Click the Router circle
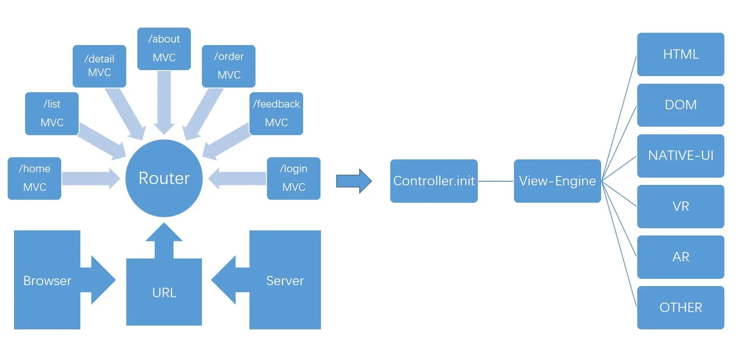tap(164, 178)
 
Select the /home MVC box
tap(34, 179)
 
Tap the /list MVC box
tap(52, 113)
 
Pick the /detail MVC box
tap(99, 66)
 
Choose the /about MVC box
tap(164, 49)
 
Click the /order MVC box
tap(229, 66)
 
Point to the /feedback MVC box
tap(276, 113)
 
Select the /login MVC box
tap(294, 179)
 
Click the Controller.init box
tap(434, 181)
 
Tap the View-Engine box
tap(557, 181)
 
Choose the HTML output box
tap(681, 54)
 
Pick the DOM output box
tap(681, 105)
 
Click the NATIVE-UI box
tap(681, 156)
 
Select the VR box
tap(681, 207)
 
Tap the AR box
tap(681, 257)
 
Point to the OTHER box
tap(681, 308)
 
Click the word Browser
tap(47, 281)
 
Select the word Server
tap(285, 281)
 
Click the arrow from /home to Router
tap(91, 179)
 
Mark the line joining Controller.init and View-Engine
tap(496, 181)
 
